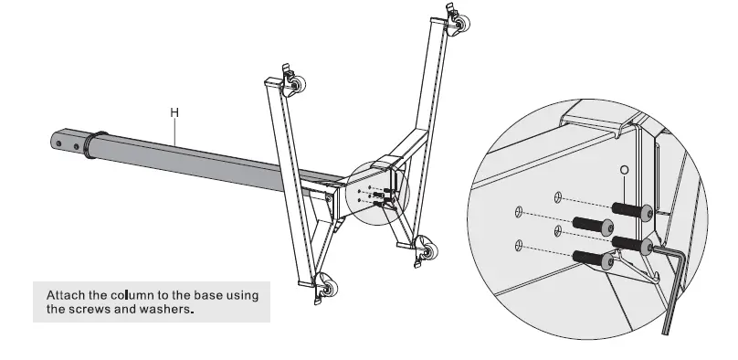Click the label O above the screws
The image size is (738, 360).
pyautogui.click(x=623, y=171)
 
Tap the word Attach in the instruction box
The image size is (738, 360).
pyautogui.click(x=67, y=295)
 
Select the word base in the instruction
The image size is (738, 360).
pyautogui.click(x=216, y=295)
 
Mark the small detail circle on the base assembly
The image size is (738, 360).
pyautogui.click(x=378, y=193)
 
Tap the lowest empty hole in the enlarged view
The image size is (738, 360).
pyautogui.click(x=520, y=245)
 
